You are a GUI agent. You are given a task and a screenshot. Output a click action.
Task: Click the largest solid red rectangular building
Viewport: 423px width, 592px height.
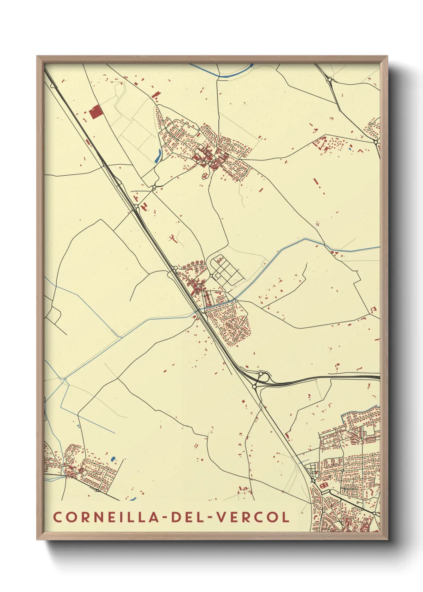95,112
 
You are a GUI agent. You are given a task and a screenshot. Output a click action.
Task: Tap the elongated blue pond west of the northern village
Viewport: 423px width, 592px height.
158,156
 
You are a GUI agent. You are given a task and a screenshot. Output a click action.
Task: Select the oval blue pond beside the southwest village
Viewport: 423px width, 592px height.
113,458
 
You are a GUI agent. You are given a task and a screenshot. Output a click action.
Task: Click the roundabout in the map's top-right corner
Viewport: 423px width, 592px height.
329,80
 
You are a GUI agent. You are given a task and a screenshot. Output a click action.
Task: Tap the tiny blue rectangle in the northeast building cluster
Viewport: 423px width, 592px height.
350,149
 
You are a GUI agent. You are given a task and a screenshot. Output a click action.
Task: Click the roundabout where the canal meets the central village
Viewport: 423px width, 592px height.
236,301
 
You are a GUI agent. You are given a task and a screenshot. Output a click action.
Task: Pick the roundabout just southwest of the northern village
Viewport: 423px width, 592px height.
154,187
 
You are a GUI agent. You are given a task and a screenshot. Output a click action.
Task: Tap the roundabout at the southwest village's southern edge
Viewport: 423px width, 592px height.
97,490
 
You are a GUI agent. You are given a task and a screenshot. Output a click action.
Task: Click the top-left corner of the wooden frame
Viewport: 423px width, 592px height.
37,57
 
